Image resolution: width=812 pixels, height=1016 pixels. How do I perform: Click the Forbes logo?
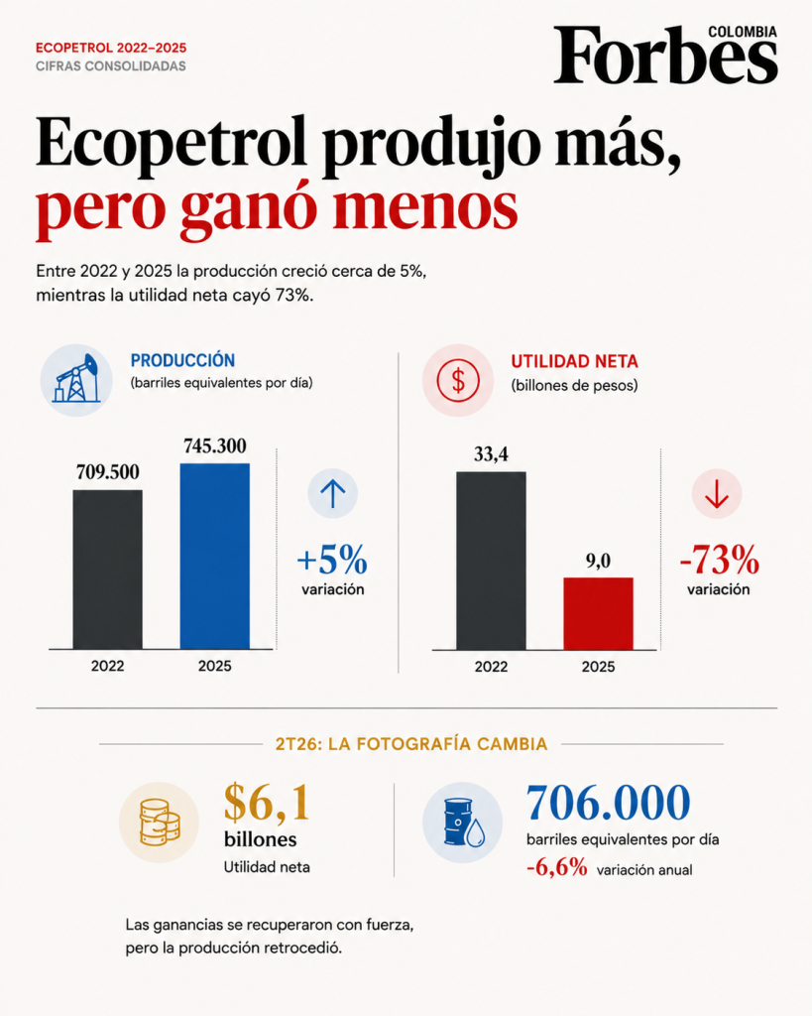[665, 56]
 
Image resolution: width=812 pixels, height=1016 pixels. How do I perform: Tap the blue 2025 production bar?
[215, 556]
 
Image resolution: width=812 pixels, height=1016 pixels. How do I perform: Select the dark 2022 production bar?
[107, 570]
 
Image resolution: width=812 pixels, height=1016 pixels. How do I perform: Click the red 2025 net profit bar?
[598, 613]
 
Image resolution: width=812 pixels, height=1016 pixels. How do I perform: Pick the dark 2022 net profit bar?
[491, 561]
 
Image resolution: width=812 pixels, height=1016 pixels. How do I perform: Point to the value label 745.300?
[215, 445]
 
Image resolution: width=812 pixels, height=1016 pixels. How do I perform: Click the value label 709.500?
[107, 471]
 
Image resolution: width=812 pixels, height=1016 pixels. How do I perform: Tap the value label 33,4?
[491, 454]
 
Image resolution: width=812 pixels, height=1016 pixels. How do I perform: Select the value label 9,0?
[598, 561]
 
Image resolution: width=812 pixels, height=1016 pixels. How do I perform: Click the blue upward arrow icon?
[333, 494]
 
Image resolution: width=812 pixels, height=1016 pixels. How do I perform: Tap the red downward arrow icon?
[717, 494]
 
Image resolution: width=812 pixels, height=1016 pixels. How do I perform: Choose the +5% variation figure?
[332, 560]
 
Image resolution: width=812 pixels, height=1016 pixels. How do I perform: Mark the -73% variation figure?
[720, 560]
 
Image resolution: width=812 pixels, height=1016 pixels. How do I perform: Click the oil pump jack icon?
[76, 380]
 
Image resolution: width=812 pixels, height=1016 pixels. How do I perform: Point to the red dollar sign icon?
[458, 380]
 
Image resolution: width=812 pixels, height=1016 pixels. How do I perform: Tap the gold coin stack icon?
[159, 823]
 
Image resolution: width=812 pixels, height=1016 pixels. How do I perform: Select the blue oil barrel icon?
[462, 823]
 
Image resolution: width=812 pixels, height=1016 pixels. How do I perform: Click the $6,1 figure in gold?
[267, 803]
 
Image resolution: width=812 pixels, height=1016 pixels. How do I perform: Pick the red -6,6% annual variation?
[557, 867]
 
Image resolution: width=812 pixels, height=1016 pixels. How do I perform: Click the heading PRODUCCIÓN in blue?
[182, 360]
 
